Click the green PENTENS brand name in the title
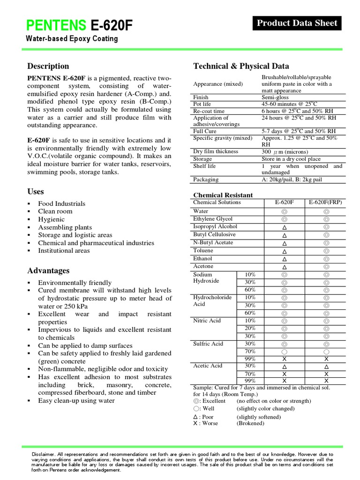pyautogui.click(x=56, y=25)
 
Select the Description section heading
pyautogui.click(x=48, y=66)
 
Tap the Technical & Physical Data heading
pyautogui.click(x=241, y=66)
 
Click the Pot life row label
pyautogui.click(x=202, y=104)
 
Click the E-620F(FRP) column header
pyautogui.click(x=325, y=202)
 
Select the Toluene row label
pyautogui.click(x=202, y=250)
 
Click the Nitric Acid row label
pyautogui.click(x=207, y=321)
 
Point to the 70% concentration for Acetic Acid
pyautogui.click(x=250, y=374)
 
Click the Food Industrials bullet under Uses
pyautogui.click(x=61, y=203)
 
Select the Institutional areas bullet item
pyautogui.click(x=64, y=250)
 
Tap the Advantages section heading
pyautogui.click(x=48, y=270)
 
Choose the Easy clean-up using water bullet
pyautogui.click(x=76, y=400)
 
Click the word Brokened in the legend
pyautogui.click(x=250, y=423)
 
